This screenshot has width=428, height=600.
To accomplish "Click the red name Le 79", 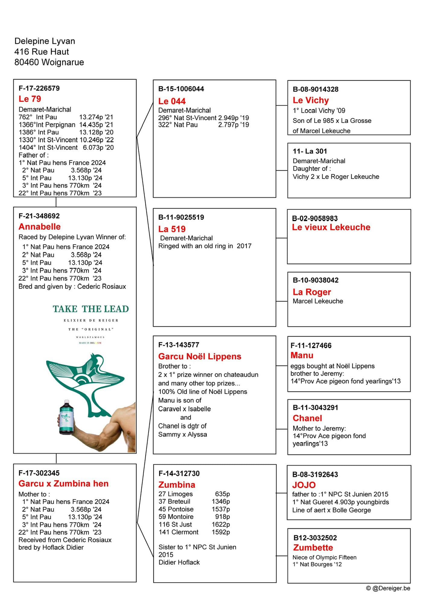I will click(30, 99).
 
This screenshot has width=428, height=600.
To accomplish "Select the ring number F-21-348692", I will click(39, 216).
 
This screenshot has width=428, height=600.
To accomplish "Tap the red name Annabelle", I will click(40, 227).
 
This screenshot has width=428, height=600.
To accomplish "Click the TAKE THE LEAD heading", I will click(91, 309).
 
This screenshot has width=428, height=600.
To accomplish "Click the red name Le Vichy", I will click(311, 100).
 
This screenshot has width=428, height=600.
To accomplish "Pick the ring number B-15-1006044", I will click(181, 89).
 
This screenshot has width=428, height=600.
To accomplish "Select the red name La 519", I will click(172, 229).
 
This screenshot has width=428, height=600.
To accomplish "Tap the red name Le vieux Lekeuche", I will click(331, 227).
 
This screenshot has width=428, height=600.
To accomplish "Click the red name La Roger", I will click(312, 292).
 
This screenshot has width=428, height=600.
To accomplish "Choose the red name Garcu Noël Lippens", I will click(200, 356).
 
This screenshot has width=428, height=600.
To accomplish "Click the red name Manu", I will click(302, 355).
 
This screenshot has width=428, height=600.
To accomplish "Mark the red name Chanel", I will click(307, 418).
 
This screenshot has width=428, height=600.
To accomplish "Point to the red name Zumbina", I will click(177, 485).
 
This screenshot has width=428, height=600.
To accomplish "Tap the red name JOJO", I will click(304, 485).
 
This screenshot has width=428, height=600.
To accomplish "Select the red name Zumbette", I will click(313, 548).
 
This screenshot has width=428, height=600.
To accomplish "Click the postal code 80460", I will click(27, 62).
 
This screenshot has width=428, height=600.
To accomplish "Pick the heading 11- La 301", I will click(310, 151).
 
